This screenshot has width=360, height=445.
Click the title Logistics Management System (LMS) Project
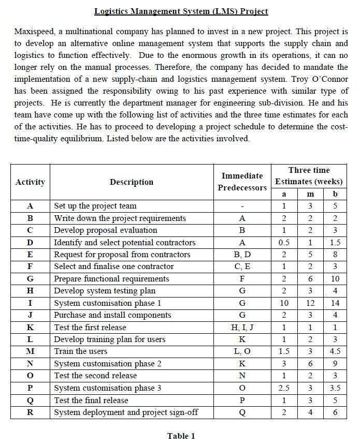point(181,11)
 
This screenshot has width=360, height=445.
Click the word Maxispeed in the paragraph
point(33,32)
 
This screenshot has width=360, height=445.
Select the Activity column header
point(30,182)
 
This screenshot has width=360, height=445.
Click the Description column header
point(131,182)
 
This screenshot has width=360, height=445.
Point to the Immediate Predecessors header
point(242,182)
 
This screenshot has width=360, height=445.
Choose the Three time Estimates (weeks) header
point(309,176)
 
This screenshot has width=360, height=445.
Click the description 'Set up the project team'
point(95,206)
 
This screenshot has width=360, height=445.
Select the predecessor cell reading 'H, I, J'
point(242,328)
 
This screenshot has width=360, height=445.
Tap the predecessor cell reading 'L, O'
point(242,352)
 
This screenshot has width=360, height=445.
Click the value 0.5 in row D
point(283,242)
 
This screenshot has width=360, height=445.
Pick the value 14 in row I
point(335,303)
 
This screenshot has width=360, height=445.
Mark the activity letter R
point(30,412)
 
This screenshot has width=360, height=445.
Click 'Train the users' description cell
point(81,352)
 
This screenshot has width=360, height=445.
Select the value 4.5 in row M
point(335,352)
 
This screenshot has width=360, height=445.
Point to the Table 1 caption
point(181,436)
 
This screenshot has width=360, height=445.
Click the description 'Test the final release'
point(91,400)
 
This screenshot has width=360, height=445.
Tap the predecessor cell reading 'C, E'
point(242,266)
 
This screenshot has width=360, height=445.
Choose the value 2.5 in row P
point(283,388)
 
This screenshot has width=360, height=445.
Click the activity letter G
point(30,279)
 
